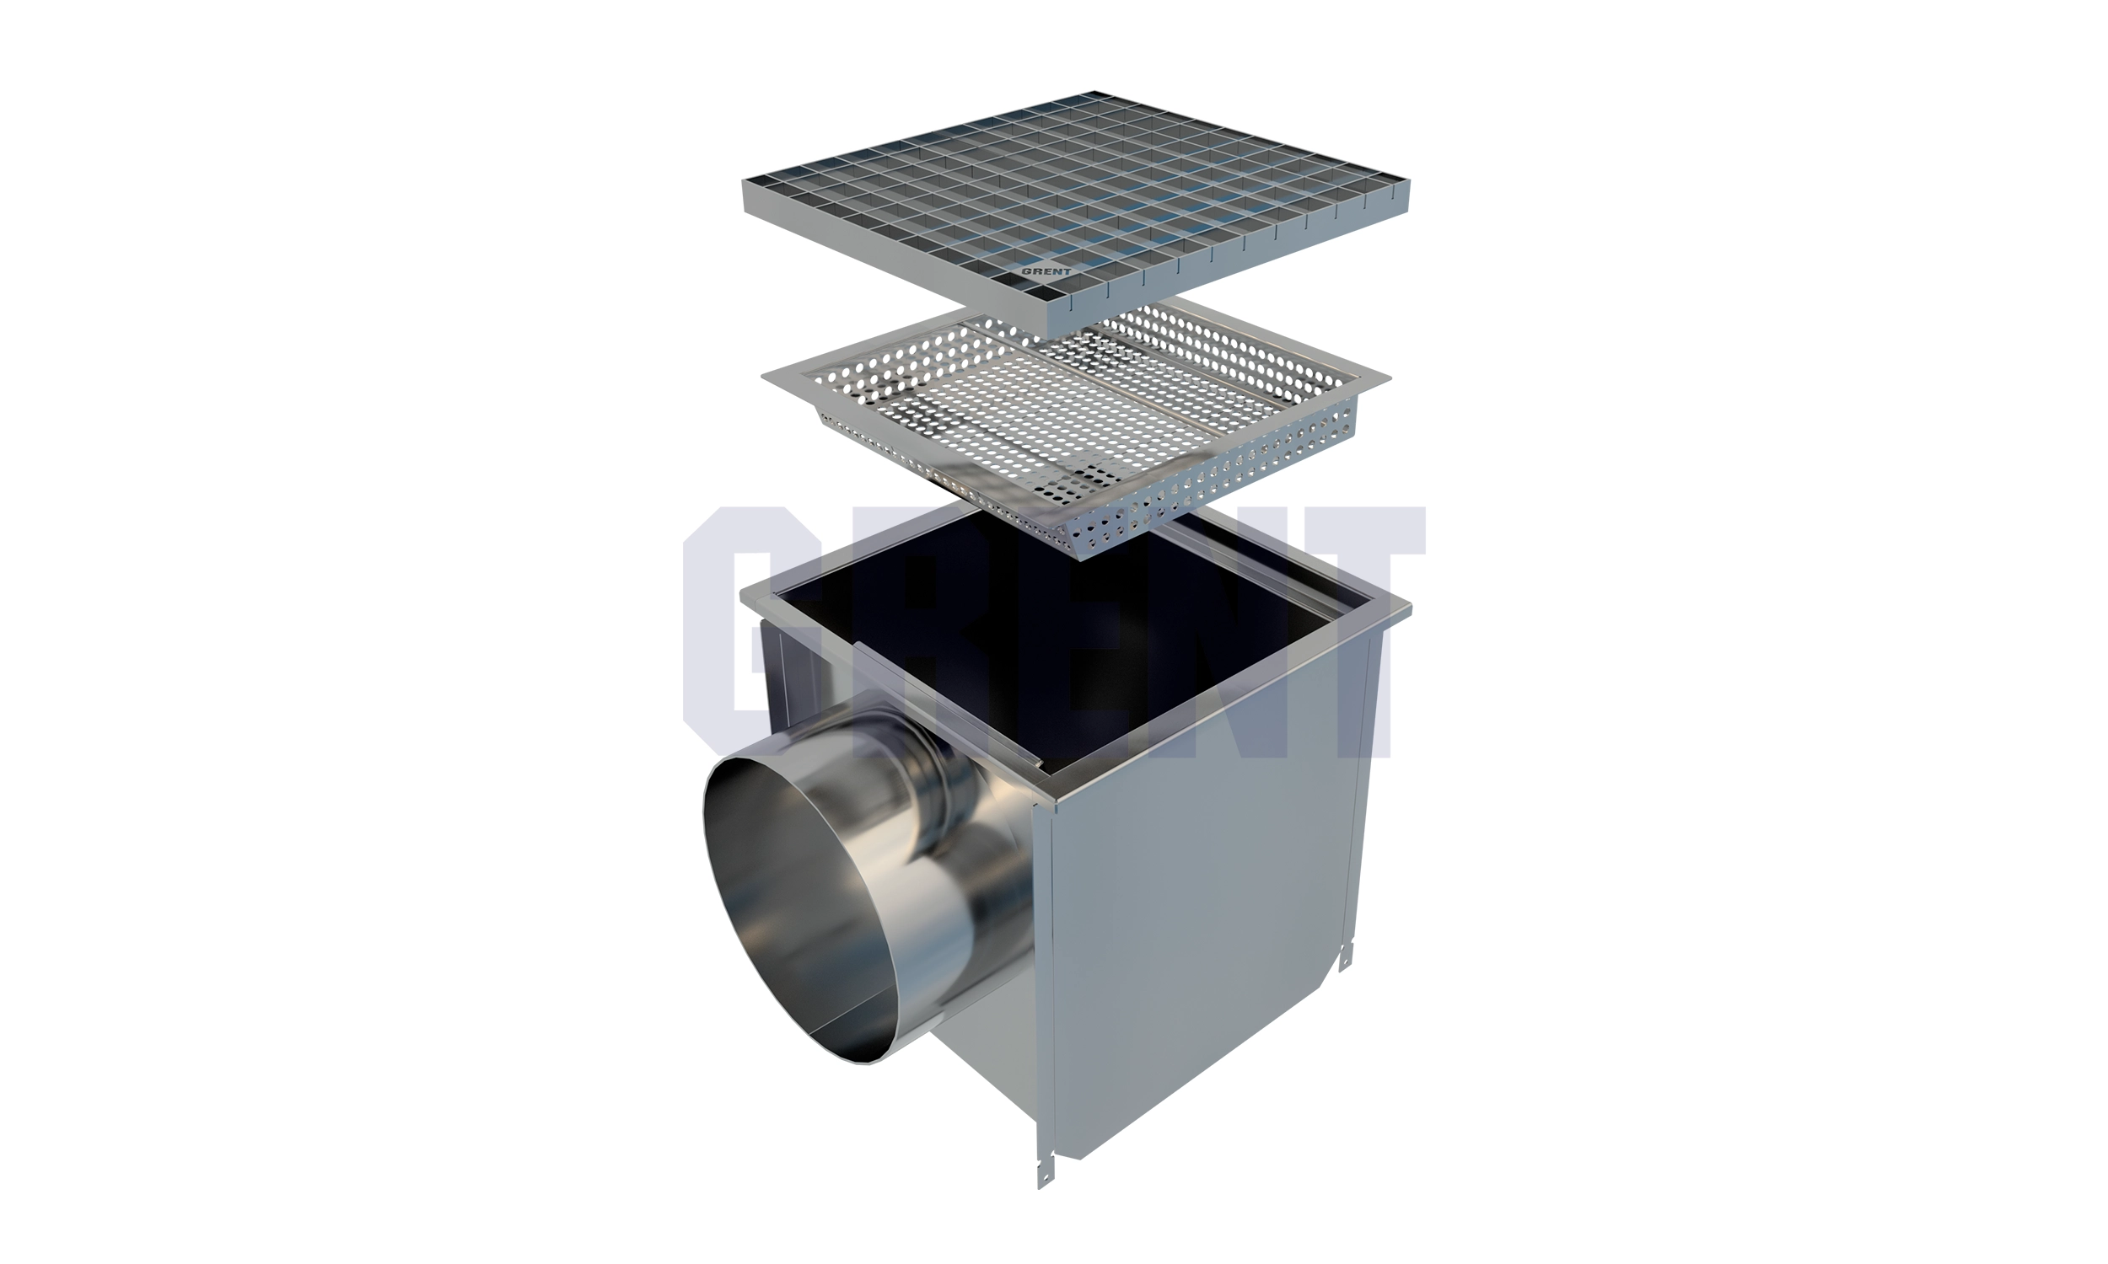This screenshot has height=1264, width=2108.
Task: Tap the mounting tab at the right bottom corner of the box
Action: [1346, 956]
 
